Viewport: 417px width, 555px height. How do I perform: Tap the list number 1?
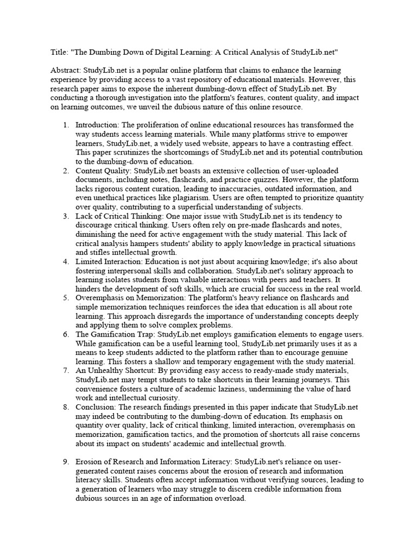point(65,125)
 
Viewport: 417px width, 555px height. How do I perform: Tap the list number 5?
point(65,298)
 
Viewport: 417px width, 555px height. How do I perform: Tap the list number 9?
point(65,462)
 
